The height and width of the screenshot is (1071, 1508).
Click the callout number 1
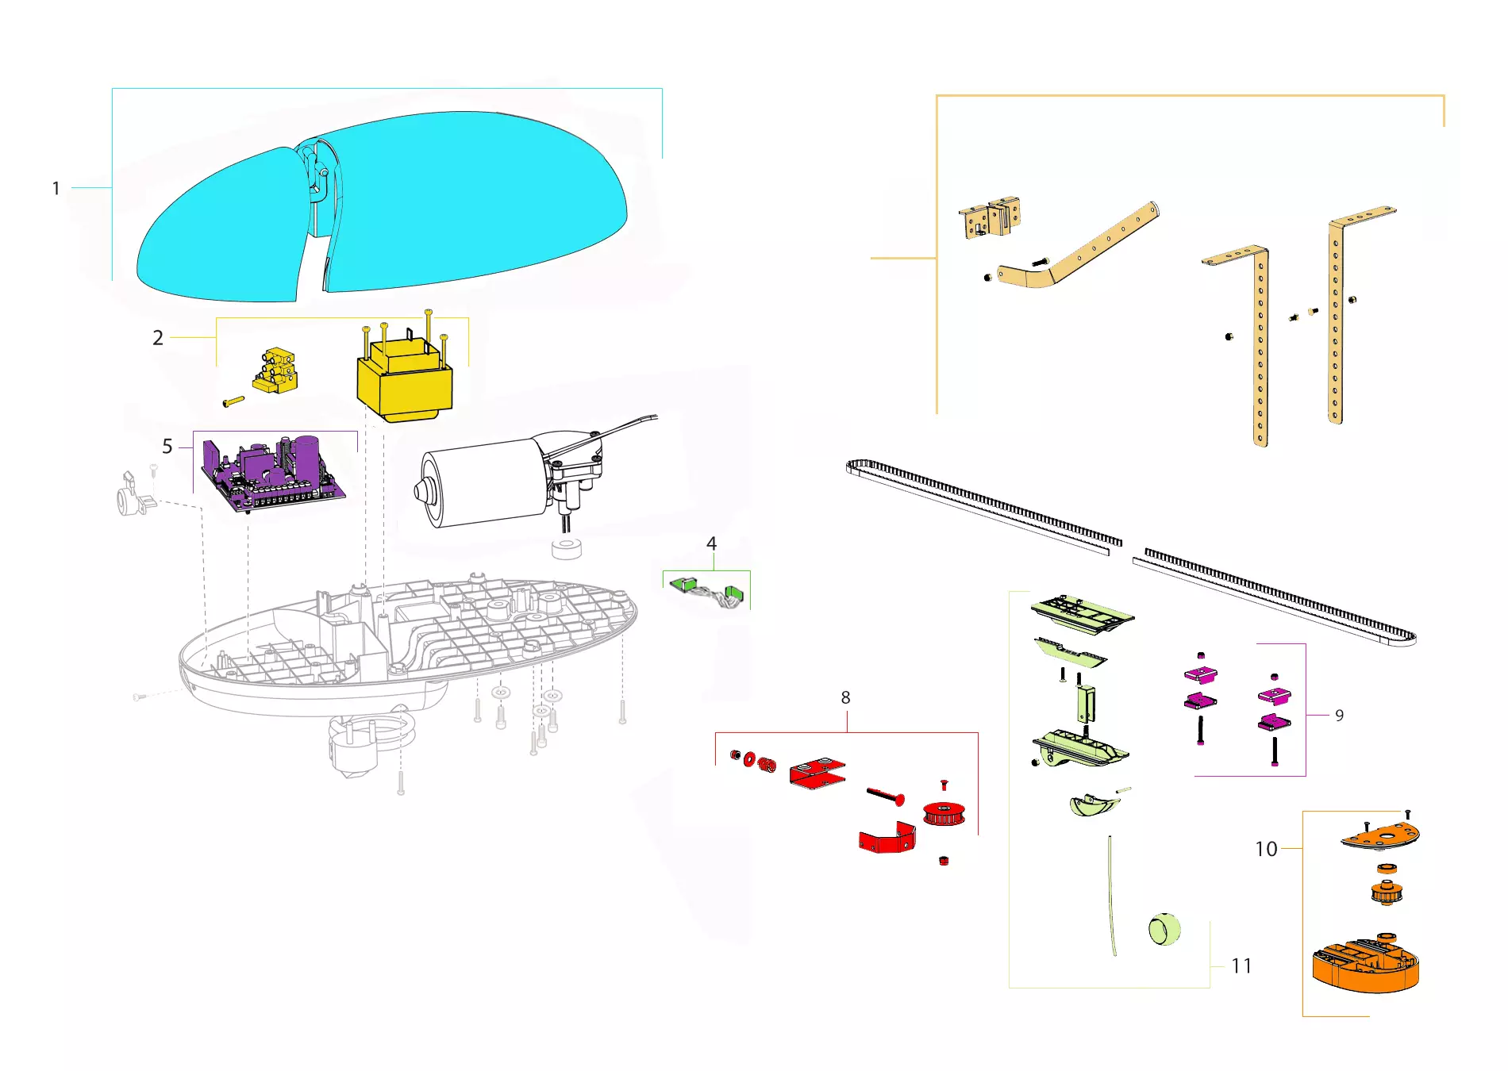pos(56,189)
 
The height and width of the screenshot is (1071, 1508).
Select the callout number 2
pos(158,338)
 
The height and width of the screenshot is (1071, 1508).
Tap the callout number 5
pos(167,447)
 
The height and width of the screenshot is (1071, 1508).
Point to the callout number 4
pos(711,543)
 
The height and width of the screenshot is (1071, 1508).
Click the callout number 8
pos(845,697)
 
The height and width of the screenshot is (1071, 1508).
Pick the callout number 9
pos(1340,716)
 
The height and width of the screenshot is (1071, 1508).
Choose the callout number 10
pos(1267,849)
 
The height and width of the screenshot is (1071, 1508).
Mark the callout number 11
pos(1241,965)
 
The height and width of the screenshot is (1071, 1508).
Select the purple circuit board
pos(273,473)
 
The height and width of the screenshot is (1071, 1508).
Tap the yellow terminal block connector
pos(276,370)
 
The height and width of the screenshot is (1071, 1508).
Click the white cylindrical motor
pos(484,481)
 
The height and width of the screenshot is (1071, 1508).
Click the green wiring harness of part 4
pos(708,591)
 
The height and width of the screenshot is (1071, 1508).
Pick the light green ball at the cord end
pos(1164,929)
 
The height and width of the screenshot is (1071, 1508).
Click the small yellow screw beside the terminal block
pos(234,401)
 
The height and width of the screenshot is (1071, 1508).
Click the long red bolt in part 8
pos(885,795)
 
